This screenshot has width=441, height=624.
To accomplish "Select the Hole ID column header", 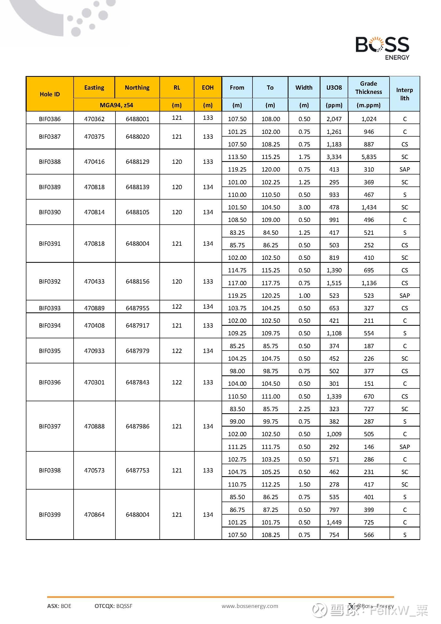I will tap(50, 94).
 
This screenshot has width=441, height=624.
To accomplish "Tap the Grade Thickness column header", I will tap(368, 88).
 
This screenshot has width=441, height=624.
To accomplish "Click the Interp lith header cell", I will tap(404, 94).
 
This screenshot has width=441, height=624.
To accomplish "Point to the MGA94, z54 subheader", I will tap(116, 105).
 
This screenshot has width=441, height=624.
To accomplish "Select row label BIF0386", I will tap(50, 119).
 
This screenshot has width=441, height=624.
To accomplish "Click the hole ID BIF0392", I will tap(50, 281).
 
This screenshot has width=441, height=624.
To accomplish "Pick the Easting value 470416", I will tap(94, 162).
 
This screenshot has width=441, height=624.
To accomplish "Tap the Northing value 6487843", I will tap(137, 382).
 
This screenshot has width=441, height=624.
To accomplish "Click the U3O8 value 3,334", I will tap(334, 157).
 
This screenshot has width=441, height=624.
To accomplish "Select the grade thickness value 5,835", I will tap(369, 157).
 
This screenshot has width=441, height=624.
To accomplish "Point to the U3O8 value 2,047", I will tap(334, 119).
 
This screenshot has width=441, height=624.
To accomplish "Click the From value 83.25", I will tap(237, 233).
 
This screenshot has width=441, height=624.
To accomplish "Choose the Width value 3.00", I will tap(304, 207).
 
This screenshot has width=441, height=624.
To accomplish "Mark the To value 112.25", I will tap(270, 484).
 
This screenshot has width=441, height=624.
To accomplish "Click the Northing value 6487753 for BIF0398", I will tap(137, 470).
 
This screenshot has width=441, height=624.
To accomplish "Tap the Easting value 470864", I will tap(94, 515).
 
